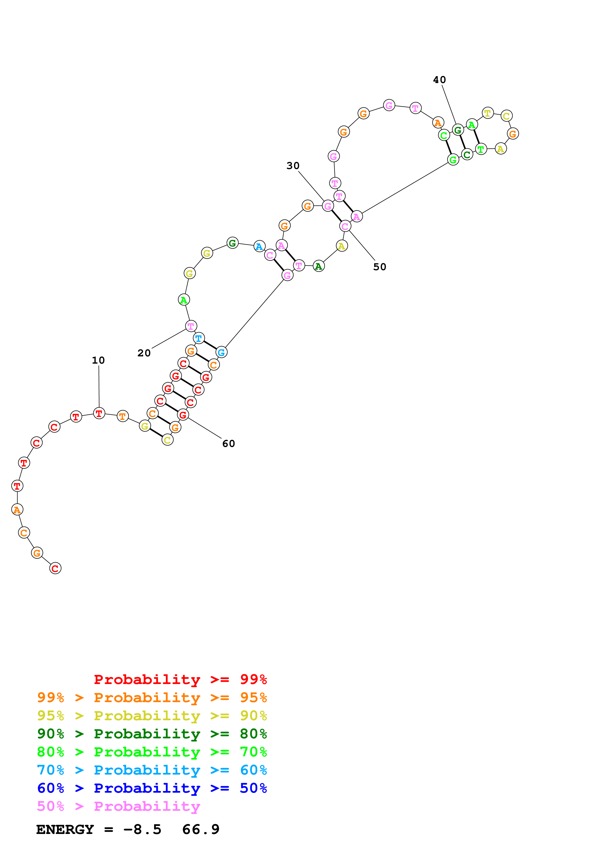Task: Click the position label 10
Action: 98,360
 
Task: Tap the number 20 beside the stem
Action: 144,353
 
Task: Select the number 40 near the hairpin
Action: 439,80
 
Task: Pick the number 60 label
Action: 228,444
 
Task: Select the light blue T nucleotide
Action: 199,338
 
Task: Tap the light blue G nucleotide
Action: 221,352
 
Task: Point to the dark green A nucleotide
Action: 318,266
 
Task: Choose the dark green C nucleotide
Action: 467,155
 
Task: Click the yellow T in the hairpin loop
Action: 488,113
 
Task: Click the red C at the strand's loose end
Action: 55,568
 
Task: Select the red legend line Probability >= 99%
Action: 180,679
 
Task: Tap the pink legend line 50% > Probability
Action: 118,806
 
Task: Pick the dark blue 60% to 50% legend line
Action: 152,788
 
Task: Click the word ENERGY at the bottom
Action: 65,829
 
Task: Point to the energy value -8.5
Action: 142,829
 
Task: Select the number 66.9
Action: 201,829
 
